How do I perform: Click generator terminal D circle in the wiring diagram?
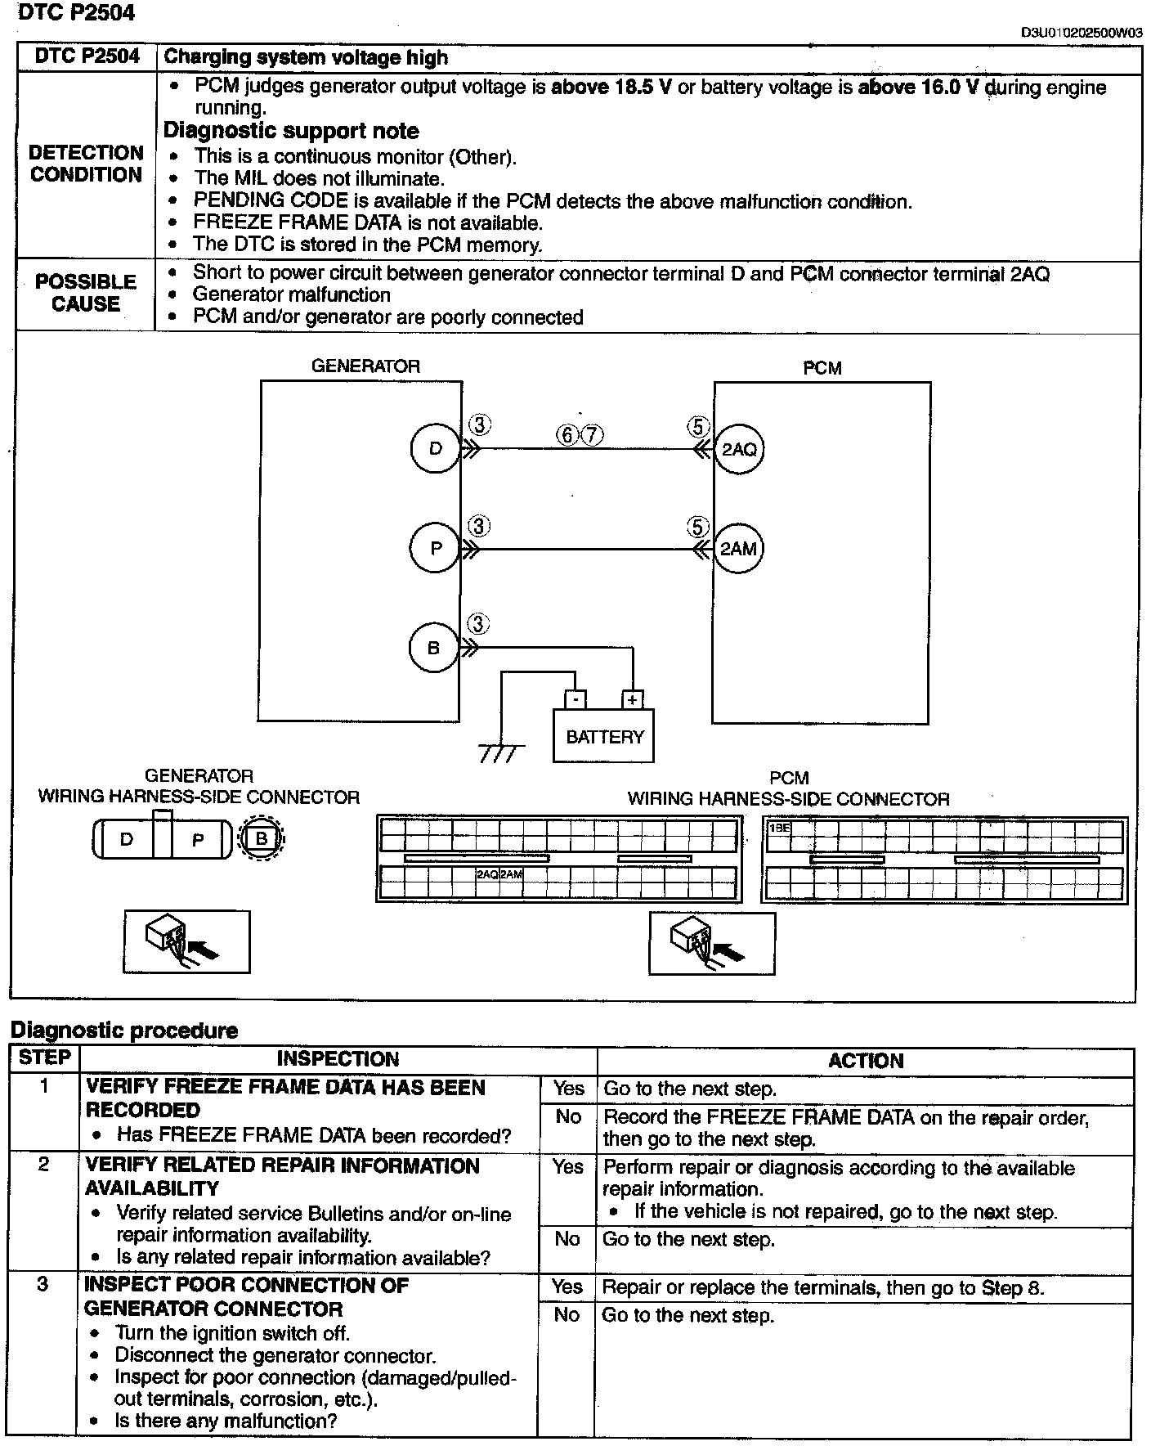(435, 448)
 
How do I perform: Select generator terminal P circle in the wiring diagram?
(436, 548)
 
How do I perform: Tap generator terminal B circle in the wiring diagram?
(433, 649)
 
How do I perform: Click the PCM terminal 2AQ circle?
(739, 449)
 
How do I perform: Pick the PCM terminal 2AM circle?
(738, 549)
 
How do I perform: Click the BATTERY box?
(604, 736)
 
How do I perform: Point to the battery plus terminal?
(632, 700)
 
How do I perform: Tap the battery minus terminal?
(575, 700)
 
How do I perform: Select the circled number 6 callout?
(567, 434)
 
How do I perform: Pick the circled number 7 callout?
(592, 434)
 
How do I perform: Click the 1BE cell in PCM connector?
(779, 829)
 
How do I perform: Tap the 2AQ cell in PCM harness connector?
(487, 874)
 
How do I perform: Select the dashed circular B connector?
(262, 839)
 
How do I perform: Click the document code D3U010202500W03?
(1081, 34)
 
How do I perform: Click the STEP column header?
(45, 1058)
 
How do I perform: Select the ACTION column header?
(865, 1061)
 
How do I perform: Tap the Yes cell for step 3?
(567, 1287)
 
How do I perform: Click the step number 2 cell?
(43, 1164)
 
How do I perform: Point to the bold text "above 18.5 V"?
(611, 88)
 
